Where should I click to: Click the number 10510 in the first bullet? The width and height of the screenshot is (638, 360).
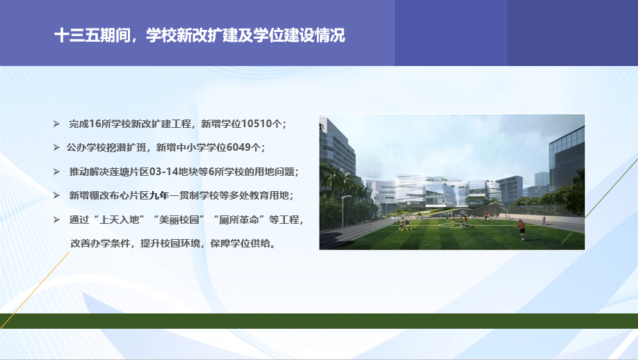pos(256,124)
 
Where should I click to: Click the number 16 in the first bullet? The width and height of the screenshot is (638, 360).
pos(95,124)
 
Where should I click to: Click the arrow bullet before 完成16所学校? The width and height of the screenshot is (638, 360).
pos(56,124)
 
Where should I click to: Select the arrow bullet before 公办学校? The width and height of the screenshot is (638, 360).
pos(56,147)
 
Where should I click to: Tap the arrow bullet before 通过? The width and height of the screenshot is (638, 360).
pos(56,220)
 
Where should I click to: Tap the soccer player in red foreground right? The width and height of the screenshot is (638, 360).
pos(521,230)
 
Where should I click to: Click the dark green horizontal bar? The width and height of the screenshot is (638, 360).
pos(319,321)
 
